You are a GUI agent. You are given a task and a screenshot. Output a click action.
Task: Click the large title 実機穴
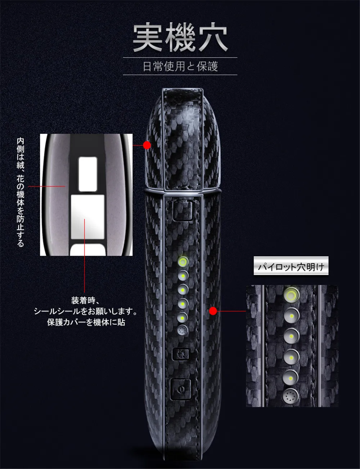pos(180,37)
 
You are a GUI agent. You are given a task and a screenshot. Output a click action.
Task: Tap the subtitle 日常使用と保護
pos(180,66)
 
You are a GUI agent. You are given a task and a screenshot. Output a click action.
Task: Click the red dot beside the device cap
pos(147,145)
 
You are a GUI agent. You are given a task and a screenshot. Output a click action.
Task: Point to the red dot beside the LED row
pos(213,311)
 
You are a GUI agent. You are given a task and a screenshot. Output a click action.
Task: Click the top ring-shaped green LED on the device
pos(183,262)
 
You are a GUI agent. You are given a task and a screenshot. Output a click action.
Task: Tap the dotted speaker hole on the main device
pos(183,330)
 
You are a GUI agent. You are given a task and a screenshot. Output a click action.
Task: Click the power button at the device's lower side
pos(181,389)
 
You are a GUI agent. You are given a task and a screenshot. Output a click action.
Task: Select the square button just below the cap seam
pos(183,211)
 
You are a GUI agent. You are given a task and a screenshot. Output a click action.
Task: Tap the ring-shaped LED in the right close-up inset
pos(291,294)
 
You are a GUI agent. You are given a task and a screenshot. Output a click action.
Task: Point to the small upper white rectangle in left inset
pos(87,174)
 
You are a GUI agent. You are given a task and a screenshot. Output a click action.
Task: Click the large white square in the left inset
pos(87,217)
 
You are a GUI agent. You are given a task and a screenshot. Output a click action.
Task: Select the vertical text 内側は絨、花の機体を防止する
pos(21,192)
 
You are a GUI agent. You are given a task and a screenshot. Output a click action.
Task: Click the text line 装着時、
pos(85,301)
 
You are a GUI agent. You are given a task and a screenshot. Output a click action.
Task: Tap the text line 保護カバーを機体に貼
pos(86,322)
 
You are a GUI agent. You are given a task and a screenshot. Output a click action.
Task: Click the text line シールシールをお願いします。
pos(85,311)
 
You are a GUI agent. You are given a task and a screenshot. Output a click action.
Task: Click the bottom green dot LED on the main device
pos(183,318)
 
